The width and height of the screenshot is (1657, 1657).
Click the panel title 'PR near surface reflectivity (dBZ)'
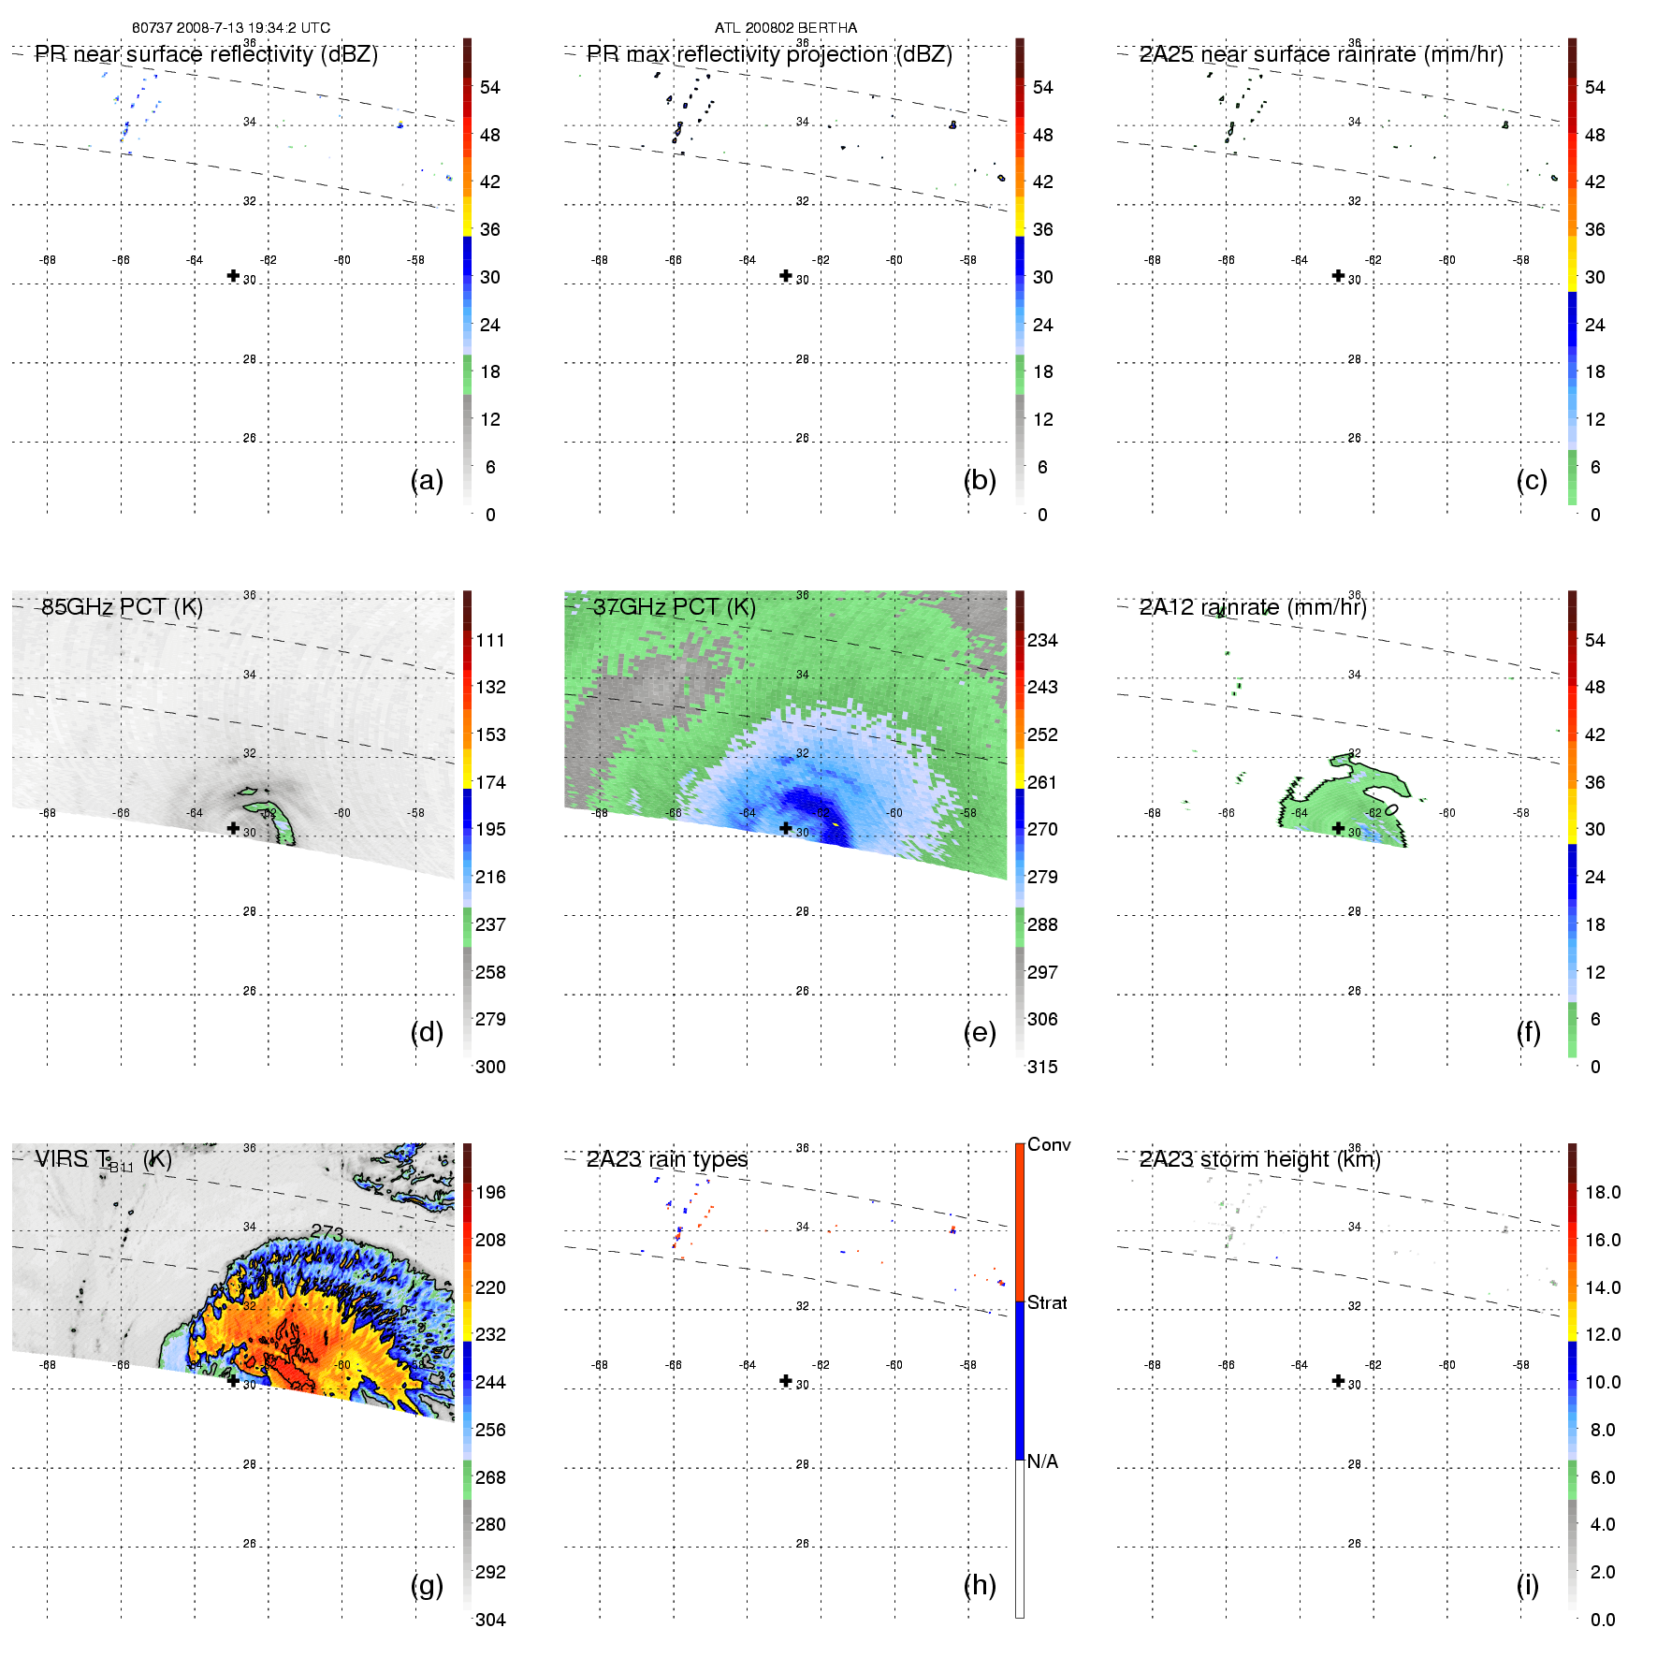click(206, 54)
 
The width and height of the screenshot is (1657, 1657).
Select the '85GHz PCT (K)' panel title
click(122, 607)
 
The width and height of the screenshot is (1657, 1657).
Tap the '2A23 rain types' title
click(667, 1159)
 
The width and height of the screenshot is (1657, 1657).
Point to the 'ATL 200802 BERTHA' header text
click(786, 28)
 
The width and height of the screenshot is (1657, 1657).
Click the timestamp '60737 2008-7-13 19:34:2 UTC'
click(231, 28)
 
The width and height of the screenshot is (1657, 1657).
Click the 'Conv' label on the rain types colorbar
click(1049, 1145)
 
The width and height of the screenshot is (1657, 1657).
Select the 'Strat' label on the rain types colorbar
click(1047, 1303)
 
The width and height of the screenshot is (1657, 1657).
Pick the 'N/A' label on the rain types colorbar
click(1042, 1461)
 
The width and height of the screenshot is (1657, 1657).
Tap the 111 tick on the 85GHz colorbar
click(490, 641)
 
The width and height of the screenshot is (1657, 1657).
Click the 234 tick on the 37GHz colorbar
click(1042, 641)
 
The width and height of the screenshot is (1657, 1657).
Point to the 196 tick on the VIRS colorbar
click(490, 1193)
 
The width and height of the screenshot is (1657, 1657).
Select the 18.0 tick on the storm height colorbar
click(1603, 1193)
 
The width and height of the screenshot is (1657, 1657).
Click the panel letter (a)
click(427, 481)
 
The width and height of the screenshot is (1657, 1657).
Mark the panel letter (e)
click(980, 1033)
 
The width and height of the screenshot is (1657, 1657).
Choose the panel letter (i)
click(1528, 1586)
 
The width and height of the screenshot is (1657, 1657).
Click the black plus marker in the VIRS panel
click(233, 1381)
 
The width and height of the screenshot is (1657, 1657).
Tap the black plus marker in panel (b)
click(786, 276)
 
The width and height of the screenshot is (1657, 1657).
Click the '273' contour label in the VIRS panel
click(327, 1233)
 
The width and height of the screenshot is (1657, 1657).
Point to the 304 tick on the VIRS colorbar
click(490, 1620)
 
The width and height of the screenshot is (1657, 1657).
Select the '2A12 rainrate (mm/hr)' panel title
click(1253, 607)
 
